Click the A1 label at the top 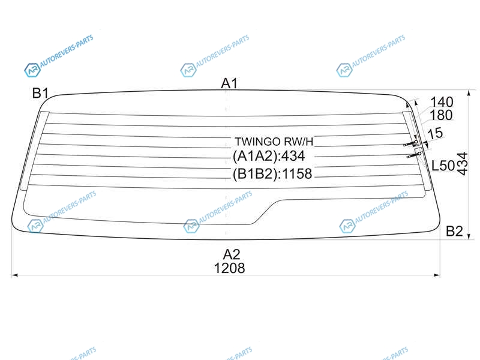229,83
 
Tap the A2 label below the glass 232,254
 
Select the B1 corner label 40,93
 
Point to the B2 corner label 454,231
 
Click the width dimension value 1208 230,268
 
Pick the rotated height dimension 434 463,163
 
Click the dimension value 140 442,102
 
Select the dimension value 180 441,115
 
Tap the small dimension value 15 435,133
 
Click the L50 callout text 443,166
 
